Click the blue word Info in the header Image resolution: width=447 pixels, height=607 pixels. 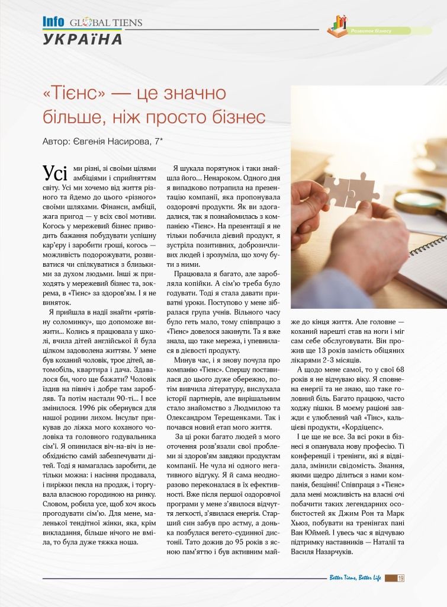tap(53, 21)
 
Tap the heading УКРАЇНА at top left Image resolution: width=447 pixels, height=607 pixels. tap(83, 39)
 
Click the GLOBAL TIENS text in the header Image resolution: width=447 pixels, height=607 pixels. tap(105, 22)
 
